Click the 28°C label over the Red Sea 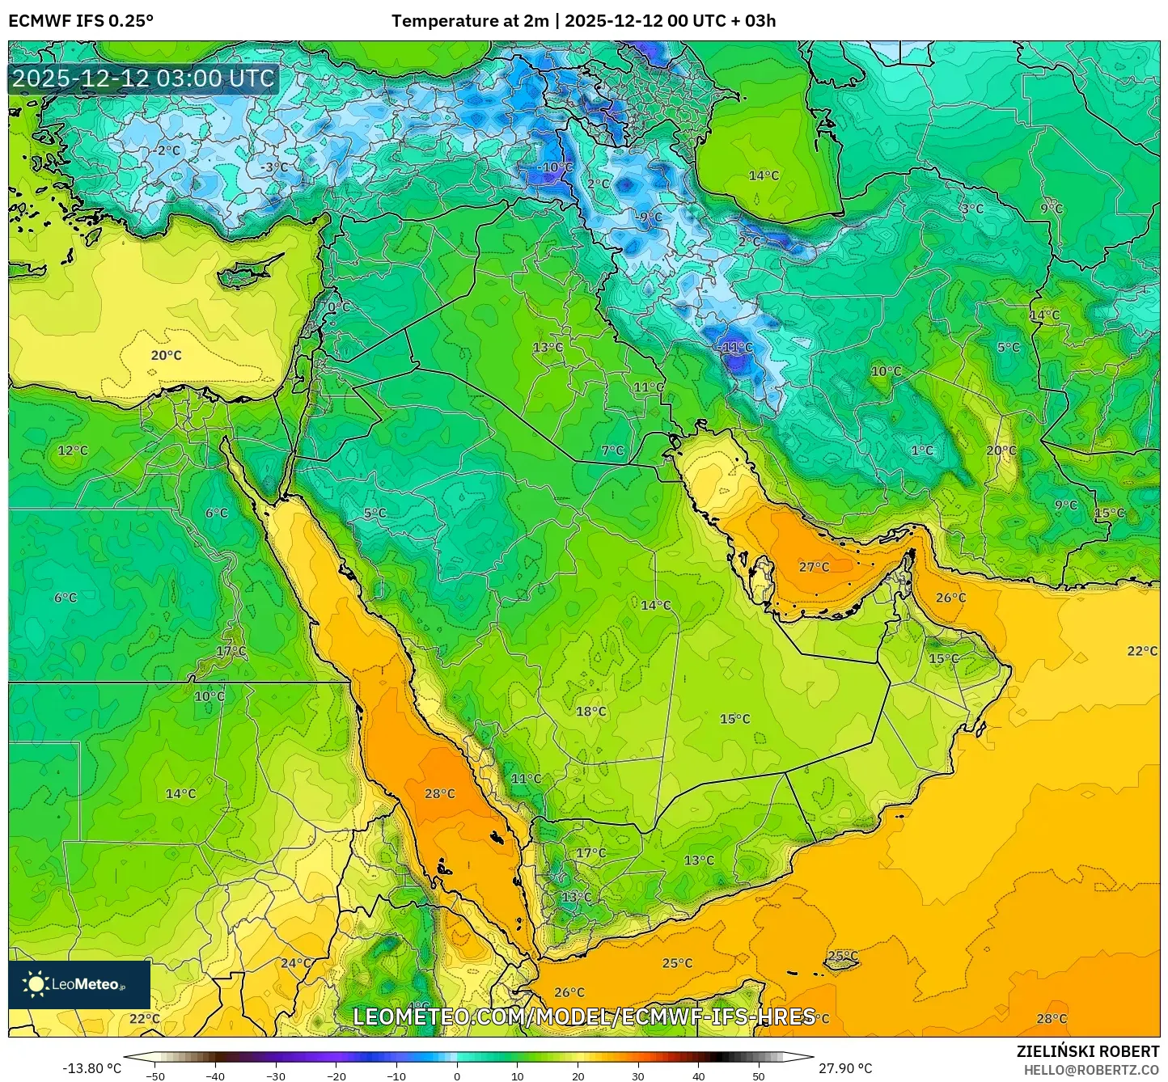440,794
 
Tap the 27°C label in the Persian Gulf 814,567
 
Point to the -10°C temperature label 554,167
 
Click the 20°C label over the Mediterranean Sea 166,355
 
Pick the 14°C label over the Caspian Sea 764,175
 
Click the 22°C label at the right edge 1142,651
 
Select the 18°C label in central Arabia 590,712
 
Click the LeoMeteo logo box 79,984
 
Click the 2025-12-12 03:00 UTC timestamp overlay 144,78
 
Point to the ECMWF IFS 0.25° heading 81,21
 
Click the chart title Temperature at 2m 470,21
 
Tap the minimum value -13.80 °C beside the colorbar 91,1068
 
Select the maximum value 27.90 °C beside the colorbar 845,1068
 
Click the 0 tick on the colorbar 457,1076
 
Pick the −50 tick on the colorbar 154,1076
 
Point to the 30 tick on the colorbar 638,1076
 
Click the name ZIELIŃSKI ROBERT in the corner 1088,1051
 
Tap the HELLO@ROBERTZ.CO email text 1091,1070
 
